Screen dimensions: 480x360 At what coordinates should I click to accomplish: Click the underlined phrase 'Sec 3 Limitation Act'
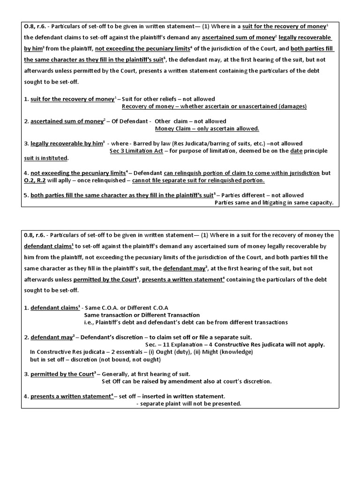[136, 151]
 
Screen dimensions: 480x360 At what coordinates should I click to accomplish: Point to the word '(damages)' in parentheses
[292, 106]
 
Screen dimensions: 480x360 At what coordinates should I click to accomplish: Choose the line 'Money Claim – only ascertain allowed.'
[207, 128]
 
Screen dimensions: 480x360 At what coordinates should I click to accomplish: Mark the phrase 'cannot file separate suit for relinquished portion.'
[198, 180]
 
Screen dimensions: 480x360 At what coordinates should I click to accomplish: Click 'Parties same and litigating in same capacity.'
[274, 203]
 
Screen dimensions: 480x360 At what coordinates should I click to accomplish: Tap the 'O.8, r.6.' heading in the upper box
[35, 26]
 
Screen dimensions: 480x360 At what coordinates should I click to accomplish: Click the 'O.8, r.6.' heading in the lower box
[35, 235]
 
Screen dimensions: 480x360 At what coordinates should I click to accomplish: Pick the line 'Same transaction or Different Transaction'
[142, 315]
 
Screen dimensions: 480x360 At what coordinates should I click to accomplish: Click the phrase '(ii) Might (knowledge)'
[222, 352]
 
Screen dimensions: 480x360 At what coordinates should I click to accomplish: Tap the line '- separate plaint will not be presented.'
[188, 404]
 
